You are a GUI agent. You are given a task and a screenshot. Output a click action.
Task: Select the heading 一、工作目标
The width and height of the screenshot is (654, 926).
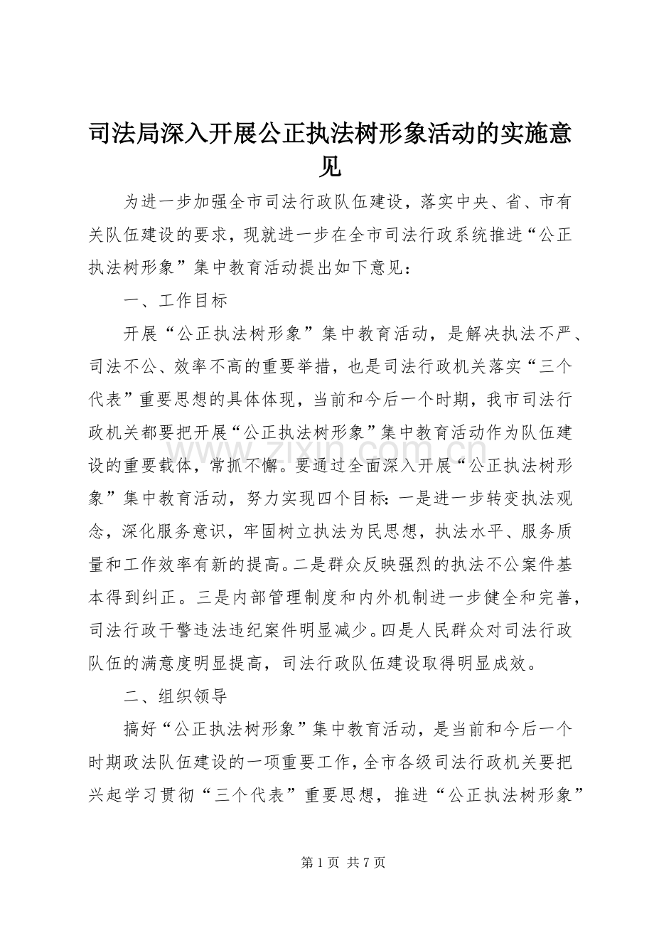coord(175,301)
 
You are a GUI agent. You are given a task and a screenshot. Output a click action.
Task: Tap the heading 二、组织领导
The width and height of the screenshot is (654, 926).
coord(175,696)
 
